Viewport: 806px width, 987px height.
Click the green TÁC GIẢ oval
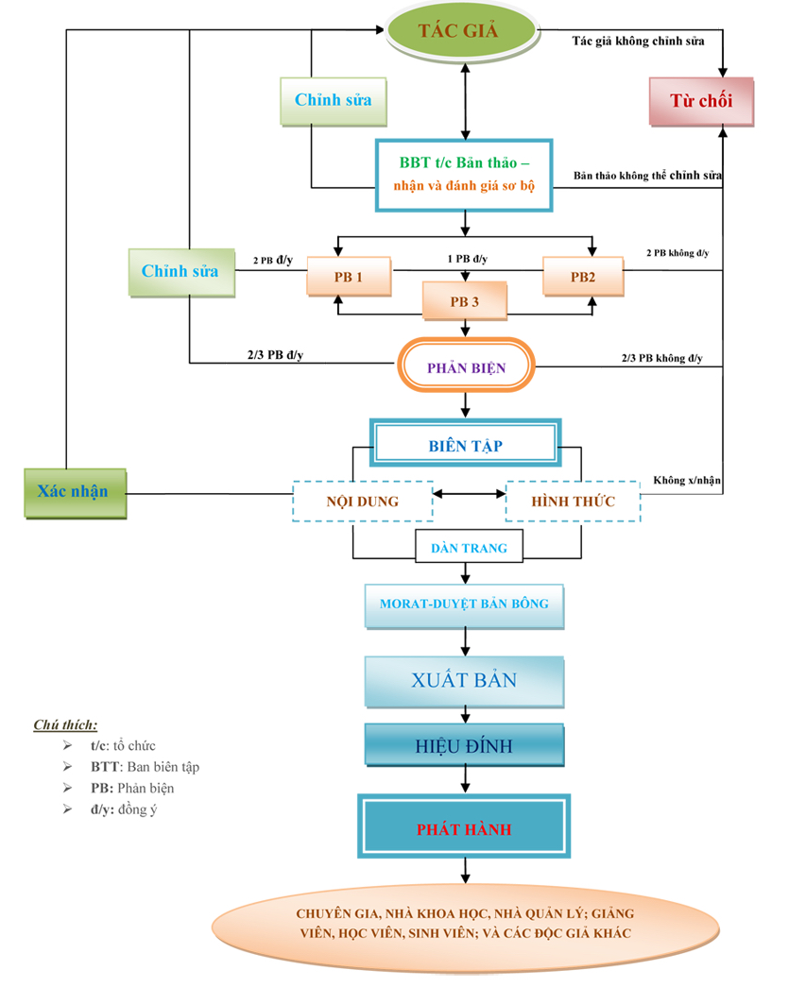[463, 31]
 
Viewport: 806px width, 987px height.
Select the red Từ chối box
[701, 101]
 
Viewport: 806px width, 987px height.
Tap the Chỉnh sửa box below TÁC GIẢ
[334, 101]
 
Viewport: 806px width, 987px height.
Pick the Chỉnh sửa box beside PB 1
[181, 273]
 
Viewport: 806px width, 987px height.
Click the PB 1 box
[349, 277]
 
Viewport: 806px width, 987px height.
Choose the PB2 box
[583, 277]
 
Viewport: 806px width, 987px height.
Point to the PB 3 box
[465, 301]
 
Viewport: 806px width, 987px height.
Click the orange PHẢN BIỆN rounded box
[466, 366]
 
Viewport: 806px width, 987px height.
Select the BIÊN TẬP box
[465, 443]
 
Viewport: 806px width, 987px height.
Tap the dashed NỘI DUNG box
[363, 502]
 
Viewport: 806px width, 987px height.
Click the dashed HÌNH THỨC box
[573, 502]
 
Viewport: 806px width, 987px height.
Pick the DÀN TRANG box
[469, 547]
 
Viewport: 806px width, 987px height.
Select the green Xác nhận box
[75, 493]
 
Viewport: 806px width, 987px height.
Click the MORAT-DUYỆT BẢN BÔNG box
[464, 606]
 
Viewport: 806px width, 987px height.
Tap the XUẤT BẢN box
[464, 682]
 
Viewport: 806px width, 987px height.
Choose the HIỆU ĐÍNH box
[464, 745]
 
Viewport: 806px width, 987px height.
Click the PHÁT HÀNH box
[464, 826]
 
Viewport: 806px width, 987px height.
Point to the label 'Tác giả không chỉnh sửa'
[638, 42]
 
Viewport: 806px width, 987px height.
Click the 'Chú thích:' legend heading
[65, 724]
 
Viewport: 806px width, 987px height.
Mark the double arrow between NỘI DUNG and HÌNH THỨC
[469, 494]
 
